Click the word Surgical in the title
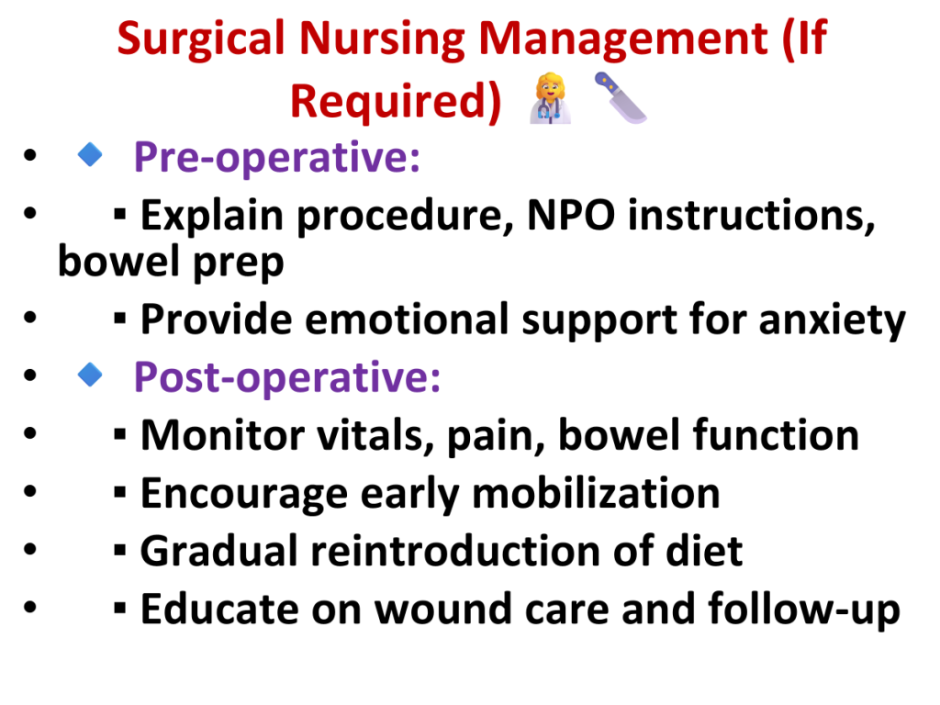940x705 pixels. coord(201,39)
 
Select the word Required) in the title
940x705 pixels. coord(396,101)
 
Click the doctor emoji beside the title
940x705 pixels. coord(551,98)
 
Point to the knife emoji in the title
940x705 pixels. coord(621,97)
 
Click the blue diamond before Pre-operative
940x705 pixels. coord(90,154)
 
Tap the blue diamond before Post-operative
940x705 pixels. coord(90,375)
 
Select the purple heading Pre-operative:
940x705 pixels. coord(277,158)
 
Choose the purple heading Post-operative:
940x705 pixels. coord(287,377)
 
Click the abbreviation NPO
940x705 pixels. coord(571,215)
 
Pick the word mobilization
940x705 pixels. coord(596,493)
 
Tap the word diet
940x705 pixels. coord(704,551)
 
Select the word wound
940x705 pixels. coord(443,610)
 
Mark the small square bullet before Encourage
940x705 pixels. coord(120,493)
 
